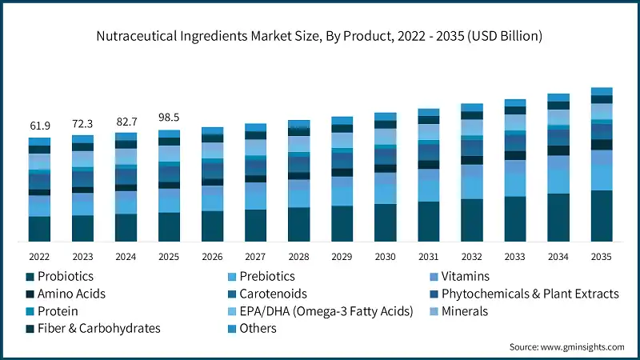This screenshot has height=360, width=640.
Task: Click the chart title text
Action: pos(320,35)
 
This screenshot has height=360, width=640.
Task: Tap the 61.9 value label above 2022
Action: pos(39,126)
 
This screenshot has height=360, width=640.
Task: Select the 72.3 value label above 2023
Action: pos(82,124)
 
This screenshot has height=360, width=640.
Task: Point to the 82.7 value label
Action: pos(126,121)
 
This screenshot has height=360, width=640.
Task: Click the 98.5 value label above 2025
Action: pos(169,117)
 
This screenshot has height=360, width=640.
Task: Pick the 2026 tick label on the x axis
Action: pos(212,256)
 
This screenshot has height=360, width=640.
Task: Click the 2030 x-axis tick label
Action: pos(385,256)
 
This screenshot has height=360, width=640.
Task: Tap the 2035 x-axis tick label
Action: pos(601,256)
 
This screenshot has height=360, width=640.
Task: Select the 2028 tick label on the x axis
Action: pos(298,256)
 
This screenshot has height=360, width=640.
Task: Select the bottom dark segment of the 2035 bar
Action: pos(601,216)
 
